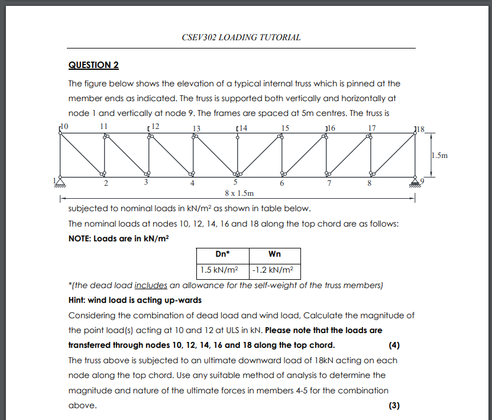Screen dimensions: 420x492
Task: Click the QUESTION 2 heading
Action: coord(93,64)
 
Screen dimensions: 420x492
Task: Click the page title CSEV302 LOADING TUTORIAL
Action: coord(242,37)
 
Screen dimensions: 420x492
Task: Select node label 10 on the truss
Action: coord(65,127)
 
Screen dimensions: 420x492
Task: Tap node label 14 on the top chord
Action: coord(242,128)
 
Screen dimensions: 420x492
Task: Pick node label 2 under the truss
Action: coord(106,183)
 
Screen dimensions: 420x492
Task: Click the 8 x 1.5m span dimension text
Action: coord(239,193)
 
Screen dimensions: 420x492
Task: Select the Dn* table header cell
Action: coord(222,254)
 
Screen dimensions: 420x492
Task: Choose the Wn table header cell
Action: coord(274,254)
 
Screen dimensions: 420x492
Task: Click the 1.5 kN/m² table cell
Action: coord(222,270)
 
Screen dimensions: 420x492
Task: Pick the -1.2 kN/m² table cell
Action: coord(274,270)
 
